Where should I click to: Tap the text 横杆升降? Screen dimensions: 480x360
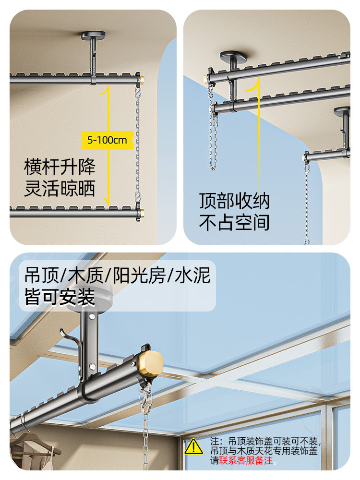point(60,167)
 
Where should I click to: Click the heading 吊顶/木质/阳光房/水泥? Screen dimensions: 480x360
point(118,276)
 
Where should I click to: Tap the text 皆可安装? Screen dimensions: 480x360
point(60,298)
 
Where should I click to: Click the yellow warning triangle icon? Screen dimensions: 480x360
point(194,446)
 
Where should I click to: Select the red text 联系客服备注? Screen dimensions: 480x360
point(246,461)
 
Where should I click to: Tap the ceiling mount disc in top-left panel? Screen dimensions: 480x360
point(93,36)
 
